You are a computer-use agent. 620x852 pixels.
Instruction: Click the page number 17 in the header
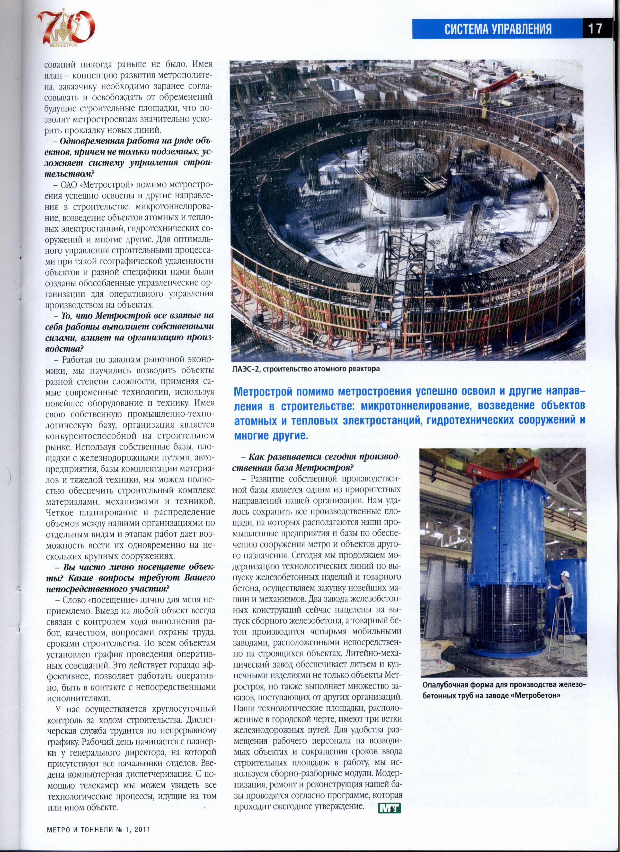pos(595,29)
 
